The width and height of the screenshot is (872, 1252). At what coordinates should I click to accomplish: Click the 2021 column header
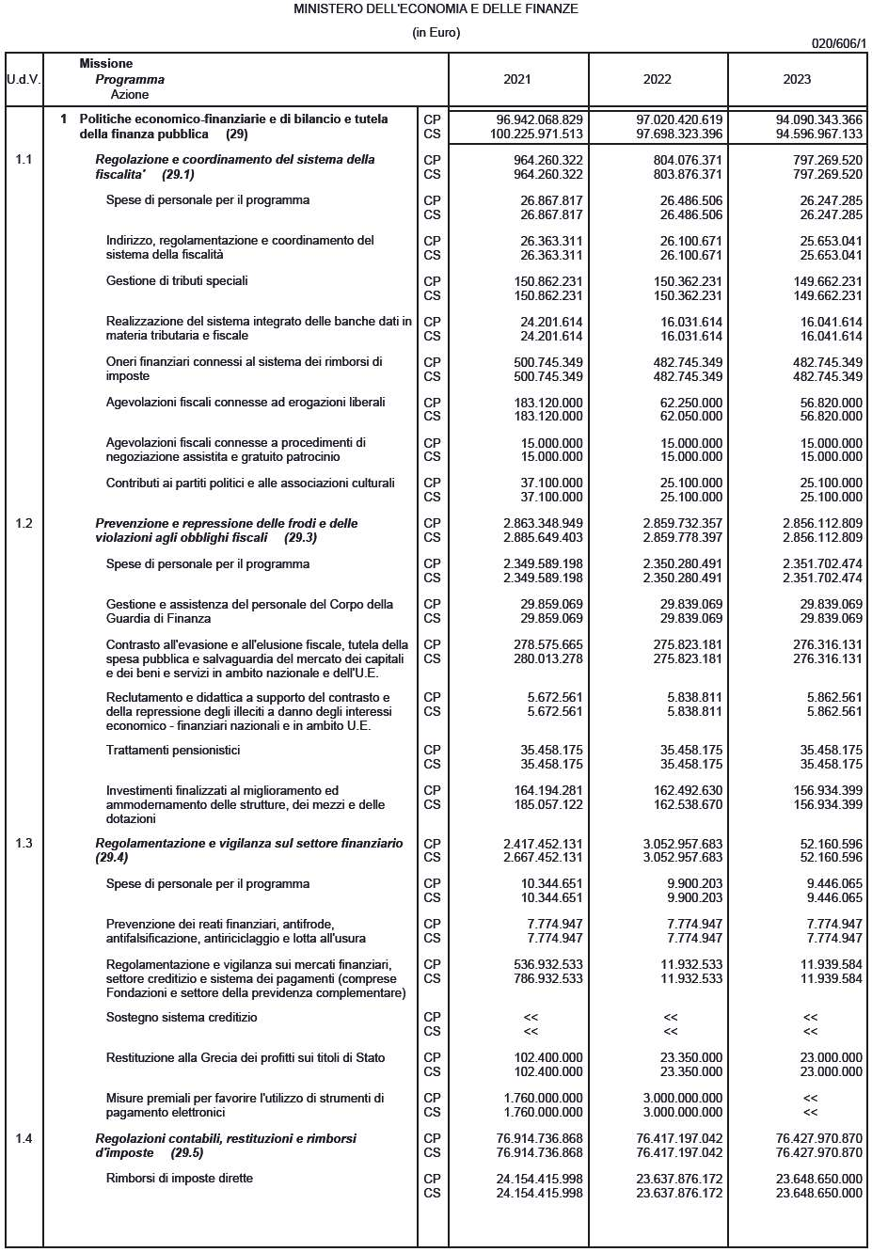click(516, 79)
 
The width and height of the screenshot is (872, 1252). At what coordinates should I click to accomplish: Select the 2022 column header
click(657, 79)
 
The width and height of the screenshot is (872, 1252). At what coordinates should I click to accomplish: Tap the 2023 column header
click(797, 79)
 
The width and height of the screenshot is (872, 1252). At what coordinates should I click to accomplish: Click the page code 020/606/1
click(839, 43)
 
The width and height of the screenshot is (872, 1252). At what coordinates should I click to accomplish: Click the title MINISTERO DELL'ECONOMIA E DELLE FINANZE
click(436, 9)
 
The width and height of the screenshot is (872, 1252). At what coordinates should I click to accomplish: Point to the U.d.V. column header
click(24, 79)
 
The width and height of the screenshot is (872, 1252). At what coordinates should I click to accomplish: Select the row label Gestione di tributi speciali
click(177, 280)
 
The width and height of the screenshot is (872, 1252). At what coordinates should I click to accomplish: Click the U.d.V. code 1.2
click(24, 523)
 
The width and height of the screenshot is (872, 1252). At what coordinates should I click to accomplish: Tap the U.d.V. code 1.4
click(24, 1138)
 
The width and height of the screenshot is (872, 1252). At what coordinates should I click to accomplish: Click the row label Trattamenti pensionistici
click(173, 750)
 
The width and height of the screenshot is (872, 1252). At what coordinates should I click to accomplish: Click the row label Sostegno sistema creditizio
click(182, 1017)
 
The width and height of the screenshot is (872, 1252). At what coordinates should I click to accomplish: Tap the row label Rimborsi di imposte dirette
click(180, 1178)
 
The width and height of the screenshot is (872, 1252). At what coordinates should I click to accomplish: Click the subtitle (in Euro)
click(436, 33)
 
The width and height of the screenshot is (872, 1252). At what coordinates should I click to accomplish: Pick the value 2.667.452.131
click(543, 857)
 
